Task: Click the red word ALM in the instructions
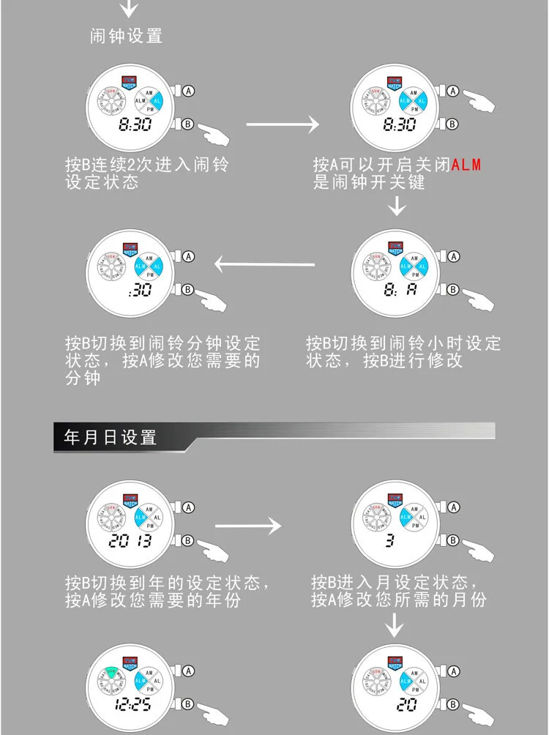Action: pyautogui.click(x=466, y=164)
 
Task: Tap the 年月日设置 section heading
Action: pyautogui.click(x=111, y=438)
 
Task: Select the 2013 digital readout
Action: pyautogui.click(x=130, y=542)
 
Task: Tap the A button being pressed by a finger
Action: pyautogui.click(x=452, y=92)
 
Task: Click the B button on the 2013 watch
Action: pyautogui.click(x=187, y=541)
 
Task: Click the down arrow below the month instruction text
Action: pyautogui.click(x=395, y=624)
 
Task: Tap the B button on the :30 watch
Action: pyautogui.click(x=187, y=290)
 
